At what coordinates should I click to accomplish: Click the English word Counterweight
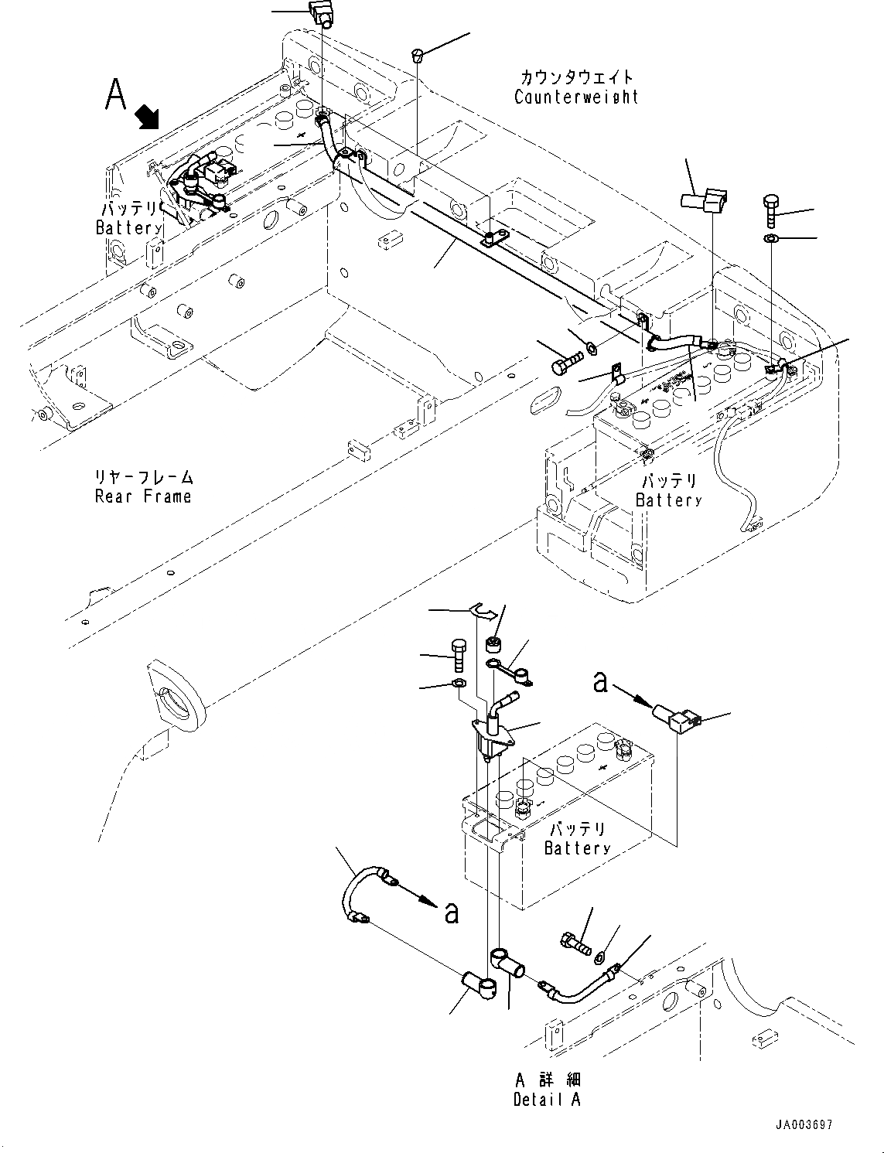click(577, 97)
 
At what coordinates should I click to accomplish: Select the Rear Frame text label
click(143, 496)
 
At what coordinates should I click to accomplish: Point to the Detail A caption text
click(547, 1099)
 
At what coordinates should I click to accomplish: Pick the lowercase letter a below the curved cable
click(452, 913)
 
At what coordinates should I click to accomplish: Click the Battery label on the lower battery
click(577, 848)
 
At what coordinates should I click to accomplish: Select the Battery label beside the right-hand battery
click(669, 500)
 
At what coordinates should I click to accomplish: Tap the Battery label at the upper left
click(128, 228)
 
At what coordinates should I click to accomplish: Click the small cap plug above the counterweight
click(418, 55)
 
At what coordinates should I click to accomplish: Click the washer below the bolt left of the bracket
click(457, 684)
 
